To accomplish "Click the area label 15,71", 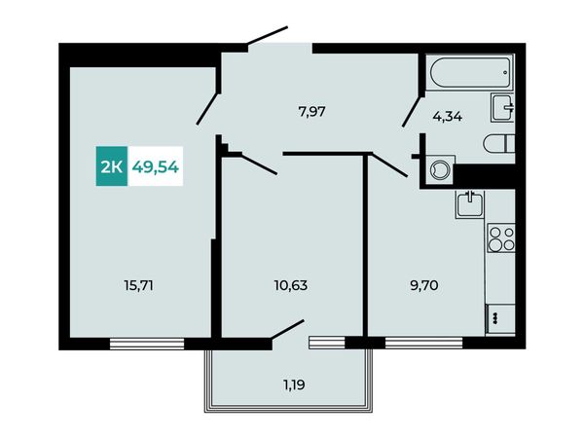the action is click(x=138, y=286).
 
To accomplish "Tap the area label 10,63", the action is click(x=290, y=285).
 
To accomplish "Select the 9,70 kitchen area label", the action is click(x=423, y=285).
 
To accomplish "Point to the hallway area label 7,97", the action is click(x=312, y=111).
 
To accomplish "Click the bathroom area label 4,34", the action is click(x=448, y=117).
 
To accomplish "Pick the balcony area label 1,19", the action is click(x=294, y=384).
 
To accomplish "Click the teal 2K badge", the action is click(x=112, y=166).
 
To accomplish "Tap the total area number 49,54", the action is click(x=156, y=167).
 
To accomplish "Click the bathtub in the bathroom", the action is click(x=470, y=72).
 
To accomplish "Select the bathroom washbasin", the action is click(x=503, y=107).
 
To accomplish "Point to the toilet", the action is click(x=499, y=143).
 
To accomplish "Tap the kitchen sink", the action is click(x=470, y=204).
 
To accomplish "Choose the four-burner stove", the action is click(x=501, y=238).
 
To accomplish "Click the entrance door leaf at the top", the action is click(x=268, y=35).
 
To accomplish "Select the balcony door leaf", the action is click(x=288, y=329).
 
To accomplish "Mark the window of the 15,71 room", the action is click(x=147, y=344).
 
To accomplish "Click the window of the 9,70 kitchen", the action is click(x=423, y=343).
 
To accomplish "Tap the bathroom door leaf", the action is click(x=413, y=111).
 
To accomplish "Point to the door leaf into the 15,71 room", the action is click(x=207, y=108).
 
